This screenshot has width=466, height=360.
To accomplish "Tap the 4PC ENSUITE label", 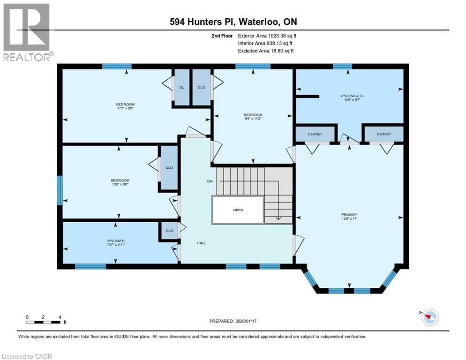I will tap(352, 96).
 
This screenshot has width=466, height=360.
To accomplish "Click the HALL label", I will tap(201, 243).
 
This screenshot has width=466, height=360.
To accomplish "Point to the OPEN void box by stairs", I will tap(238, 210).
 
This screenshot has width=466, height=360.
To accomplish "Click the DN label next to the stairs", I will tap(210, 181).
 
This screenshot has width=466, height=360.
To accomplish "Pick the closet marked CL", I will tap(182, 87).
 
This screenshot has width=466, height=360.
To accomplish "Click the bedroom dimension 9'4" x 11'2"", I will tap(253, 119).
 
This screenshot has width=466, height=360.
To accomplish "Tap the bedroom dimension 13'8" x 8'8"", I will tap(120, 185).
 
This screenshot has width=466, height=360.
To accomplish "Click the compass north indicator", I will tap(429, 318).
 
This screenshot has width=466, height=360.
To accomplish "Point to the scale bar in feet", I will tap(43, 322).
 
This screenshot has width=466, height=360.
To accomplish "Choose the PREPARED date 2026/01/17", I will tap(233, 321).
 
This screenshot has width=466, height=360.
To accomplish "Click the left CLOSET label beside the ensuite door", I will tap(315, 134).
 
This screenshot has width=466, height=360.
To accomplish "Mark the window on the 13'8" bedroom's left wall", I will tap(60, 190).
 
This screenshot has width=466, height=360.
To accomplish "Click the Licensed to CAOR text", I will tap(27, 356).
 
